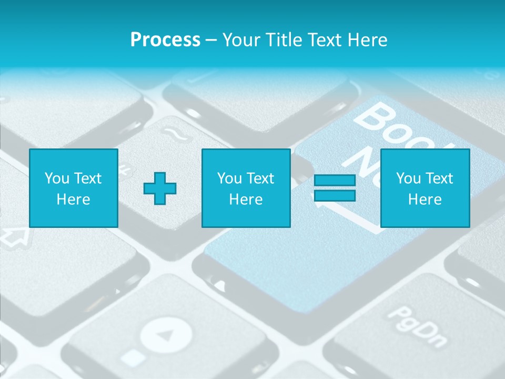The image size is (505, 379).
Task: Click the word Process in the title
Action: coord(165,40)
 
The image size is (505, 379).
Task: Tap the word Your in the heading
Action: coord(241,40)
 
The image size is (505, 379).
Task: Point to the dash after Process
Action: coord(211,41)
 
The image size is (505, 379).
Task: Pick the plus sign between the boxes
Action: coord(160,188)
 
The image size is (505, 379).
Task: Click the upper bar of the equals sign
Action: coord(335,181)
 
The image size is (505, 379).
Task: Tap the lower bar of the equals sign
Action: coord(335,195)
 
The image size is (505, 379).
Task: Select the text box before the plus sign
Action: coord(73,188)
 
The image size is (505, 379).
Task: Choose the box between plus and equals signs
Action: coord(246,188)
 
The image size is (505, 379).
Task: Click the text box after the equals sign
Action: coord(425,188)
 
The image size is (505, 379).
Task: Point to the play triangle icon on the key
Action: coord(165,335)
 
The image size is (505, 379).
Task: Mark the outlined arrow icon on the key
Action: coord(16,237)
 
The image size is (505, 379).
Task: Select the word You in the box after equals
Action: coord(408,178)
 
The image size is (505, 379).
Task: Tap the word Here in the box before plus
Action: coord(73,200)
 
